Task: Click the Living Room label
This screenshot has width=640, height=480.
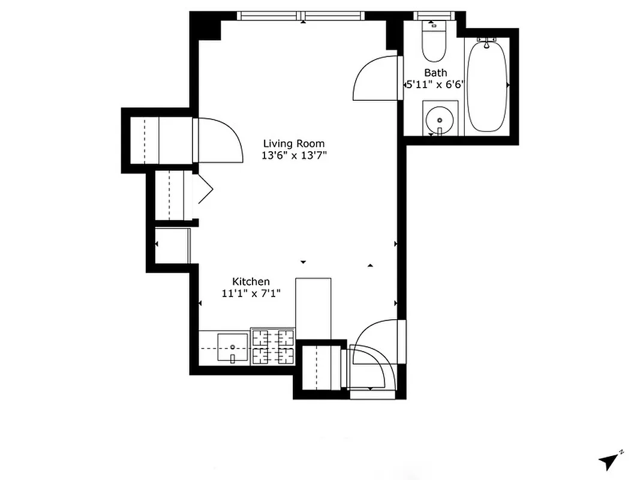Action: tap(294, 143)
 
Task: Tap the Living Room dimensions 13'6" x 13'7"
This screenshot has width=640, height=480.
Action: tap(294, 155)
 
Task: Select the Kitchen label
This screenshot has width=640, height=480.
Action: tap(251, 281)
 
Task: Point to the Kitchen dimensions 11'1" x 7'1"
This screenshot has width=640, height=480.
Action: tap(251, 293)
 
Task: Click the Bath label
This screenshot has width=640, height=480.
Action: tap(435, 73)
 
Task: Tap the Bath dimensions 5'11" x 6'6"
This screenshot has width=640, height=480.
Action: tap(435, 85)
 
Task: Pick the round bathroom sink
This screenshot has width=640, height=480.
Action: tap(440, 120)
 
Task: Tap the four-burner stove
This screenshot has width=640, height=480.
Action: tap(273, 348)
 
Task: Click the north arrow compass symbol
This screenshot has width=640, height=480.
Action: tap(609, 461)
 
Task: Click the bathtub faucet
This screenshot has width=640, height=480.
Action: tap(487, 43)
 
